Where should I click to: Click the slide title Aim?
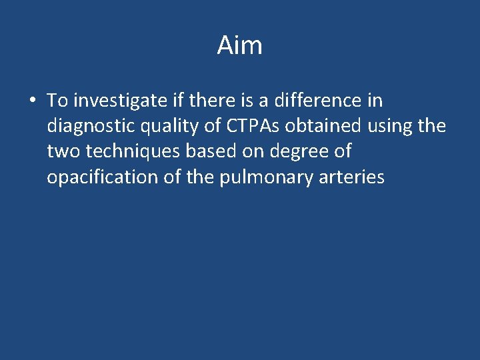[x=239, y=46]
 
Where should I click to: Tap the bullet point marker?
[x=32, y=101]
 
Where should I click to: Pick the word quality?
[x=164, y=127]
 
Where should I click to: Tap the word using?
[x=386, y=127]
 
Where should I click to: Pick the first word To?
[x=57, y=101]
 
